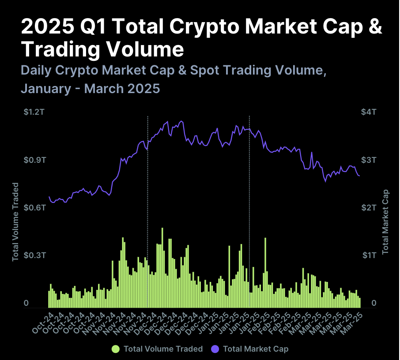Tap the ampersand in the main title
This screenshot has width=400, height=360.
(x=374, y=27)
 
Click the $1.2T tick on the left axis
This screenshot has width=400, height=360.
(x=34, y=112)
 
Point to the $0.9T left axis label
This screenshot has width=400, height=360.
(x=34, y=160)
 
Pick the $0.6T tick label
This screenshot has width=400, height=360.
(x=34, y=207)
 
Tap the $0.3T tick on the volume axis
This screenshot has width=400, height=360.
(x=34, y=255)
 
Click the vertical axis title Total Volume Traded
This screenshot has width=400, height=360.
(x=15, y=221)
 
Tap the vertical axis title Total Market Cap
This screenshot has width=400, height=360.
(x=385, y=221)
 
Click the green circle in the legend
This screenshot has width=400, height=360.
(x=116, y=349)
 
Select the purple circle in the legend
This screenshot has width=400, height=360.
(x=215, y=349)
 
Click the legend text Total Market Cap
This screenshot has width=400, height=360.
(x=256, y=349)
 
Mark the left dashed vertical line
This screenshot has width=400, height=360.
(x=147, y=212)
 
